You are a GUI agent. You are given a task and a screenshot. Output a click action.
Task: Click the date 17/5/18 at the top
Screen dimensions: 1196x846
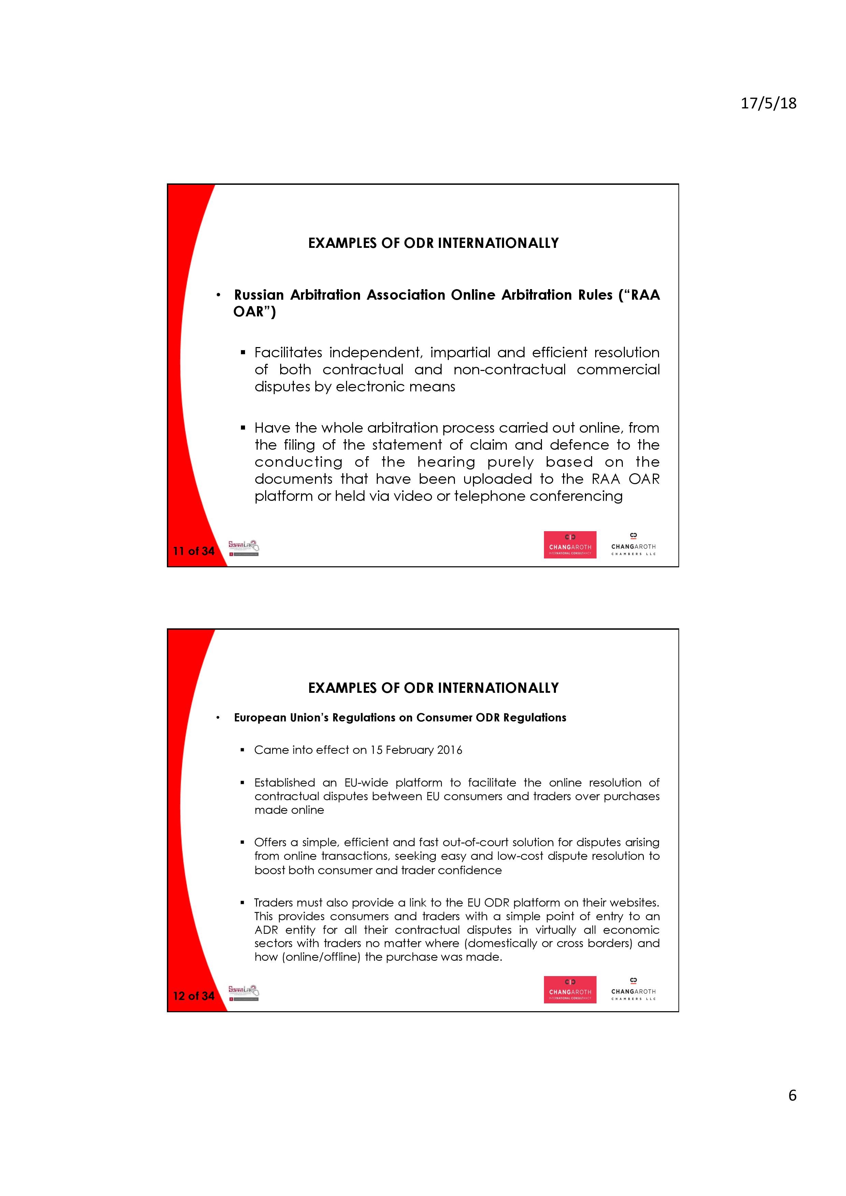point(768,103)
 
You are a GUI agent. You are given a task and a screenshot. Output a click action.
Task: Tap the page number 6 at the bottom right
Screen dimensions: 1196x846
point(792,1095)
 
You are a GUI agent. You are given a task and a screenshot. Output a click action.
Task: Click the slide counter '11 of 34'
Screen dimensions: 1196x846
point(193,551)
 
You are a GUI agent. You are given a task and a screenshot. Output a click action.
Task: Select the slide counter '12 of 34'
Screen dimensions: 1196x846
point(193,996)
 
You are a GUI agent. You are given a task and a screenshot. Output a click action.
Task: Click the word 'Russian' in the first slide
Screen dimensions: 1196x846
point(259,295)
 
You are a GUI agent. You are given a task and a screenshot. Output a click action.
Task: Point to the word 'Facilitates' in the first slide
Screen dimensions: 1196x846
point(288,353)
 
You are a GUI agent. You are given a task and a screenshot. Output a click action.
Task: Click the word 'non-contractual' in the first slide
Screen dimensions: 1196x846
point(509,370)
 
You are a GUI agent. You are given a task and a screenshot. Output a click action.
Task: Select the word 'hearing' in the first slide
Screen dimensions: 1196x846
point(446,462)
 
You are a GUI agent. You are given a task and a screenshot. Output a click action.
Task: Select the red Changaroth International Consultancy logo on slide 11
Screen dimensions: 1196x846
point(570,544)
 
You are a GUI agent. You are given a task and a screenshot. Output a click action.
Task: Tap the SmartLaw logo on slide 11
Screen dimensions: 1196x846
point(243,548)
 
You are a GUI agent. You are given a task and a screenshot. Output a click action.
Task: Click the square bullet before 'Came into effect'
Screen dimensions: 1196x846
point(242,750)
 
